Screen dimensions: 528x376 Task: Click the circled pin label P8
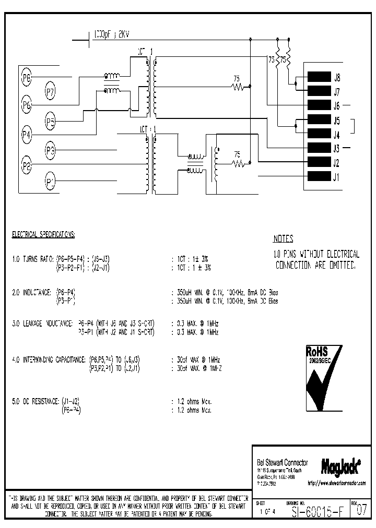click(27, 79)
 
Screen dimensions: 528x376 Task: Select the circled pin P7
click(50, 93)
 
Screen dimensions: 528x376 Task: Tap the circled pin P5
click(50, 123)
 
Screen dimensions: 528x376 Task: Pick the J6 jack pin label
click(337, 106)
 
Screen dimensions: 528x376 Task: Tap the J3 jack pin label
click(337, 148)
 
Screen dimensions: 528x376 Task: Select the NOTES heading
click(283, 239)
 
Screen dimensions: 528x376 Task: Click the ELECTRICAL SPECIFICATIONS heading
click(43, 235)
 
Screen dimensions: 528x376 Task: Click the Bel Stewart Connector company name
click(282, 462)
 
